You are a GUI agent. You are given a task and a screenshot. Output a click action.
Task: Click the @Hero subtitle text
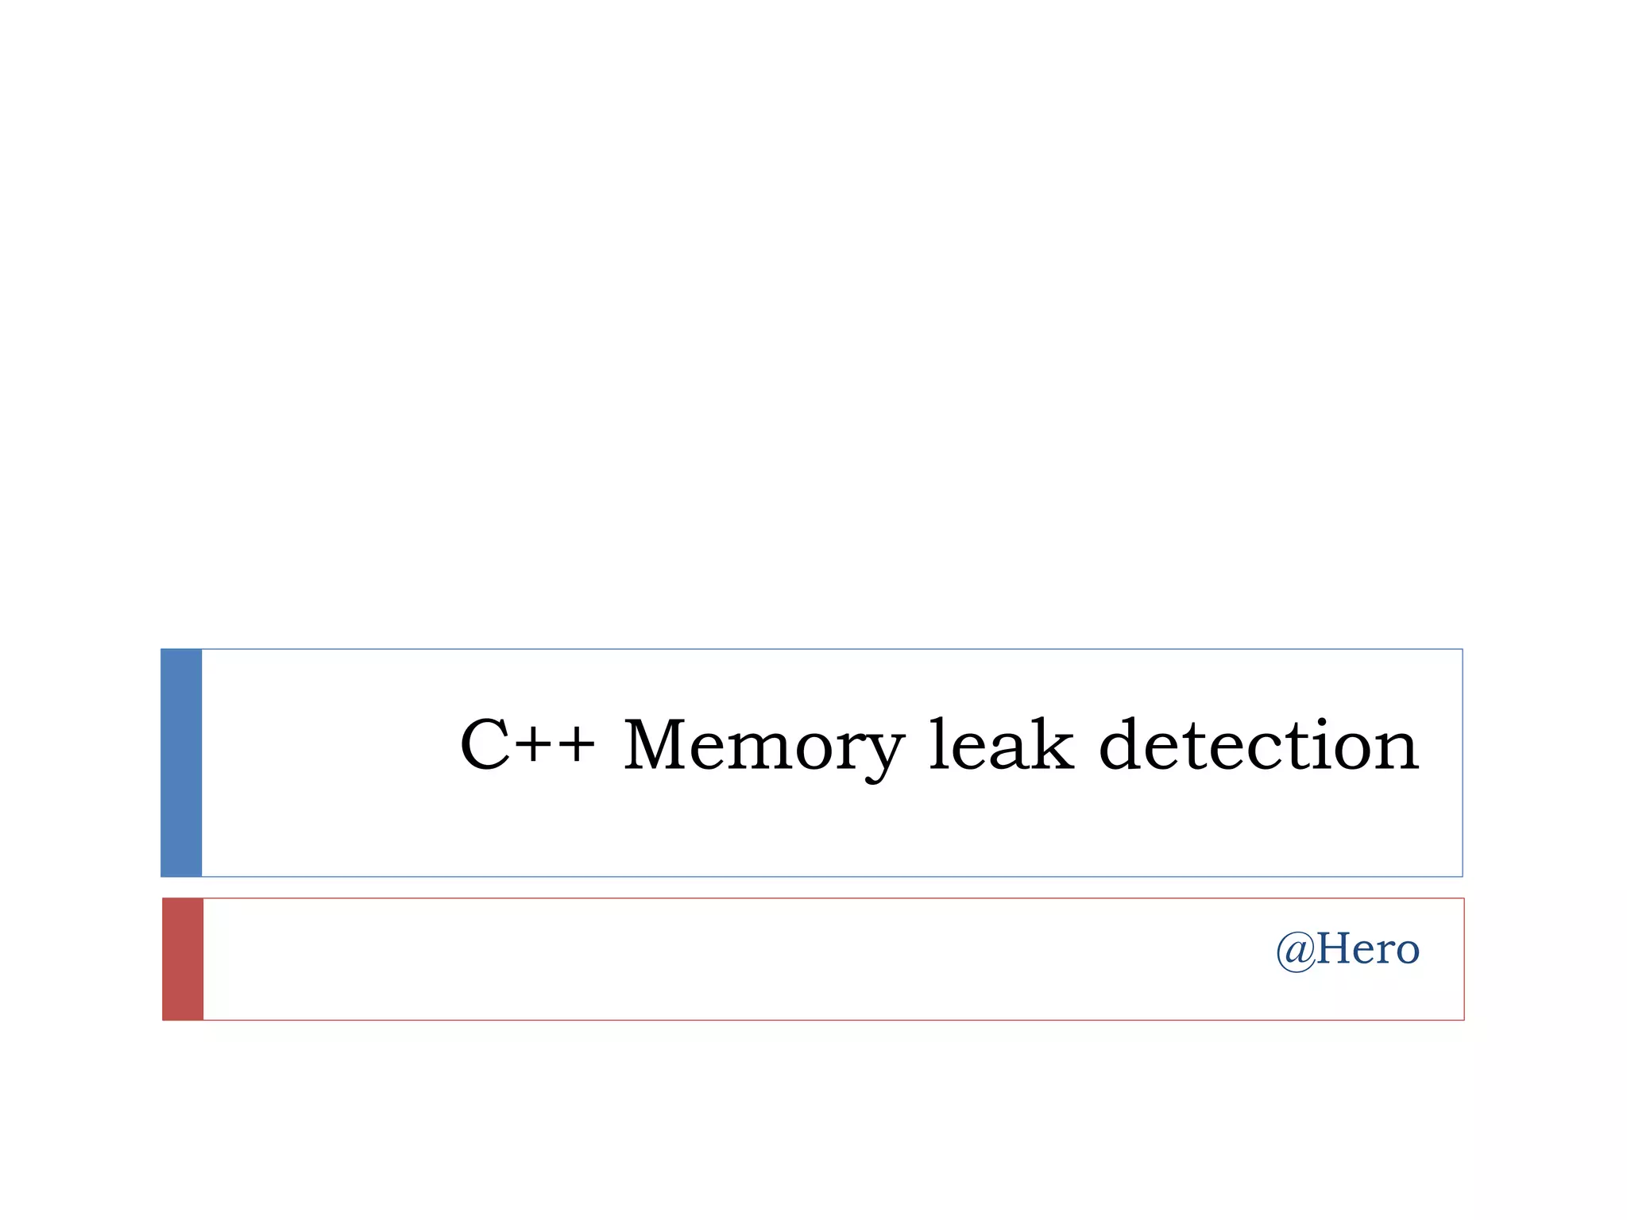pos(1347,949)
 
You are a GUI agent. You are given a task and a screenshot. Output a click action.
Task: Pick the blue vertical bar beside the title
pos(181,762)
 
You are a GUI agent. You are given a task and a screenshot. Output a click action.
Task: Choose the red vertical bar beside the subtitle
pos(183,959)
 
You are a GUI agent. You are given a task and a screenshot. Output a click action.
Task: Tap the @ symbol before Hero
pos(1296,951)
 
